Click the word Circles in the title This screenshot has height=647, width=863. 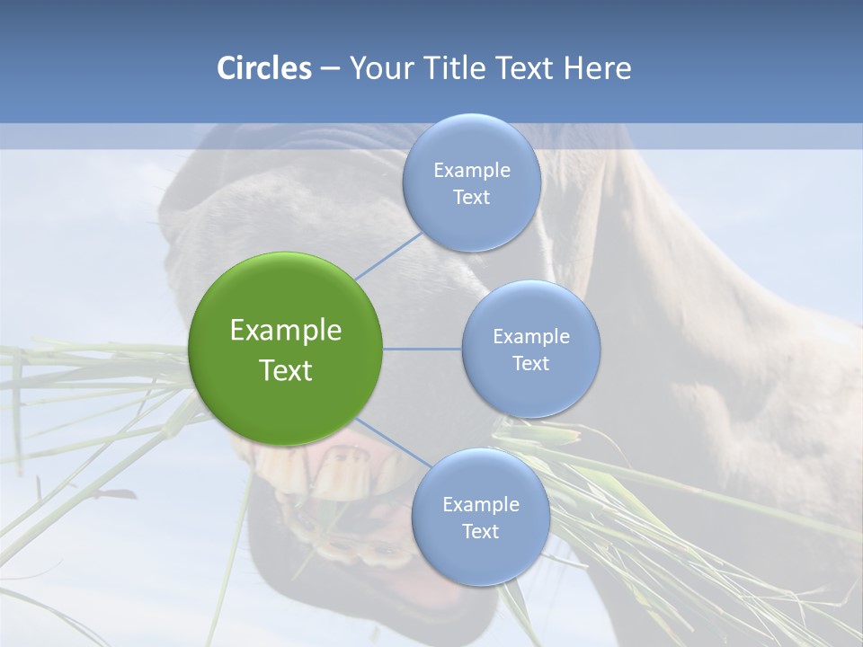tap(263, 68)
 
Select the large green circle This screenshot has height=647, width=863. tap(285, 297)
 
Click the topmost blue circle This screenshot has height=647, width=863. tap(471, 144)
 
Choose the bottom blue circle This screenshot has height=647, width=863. tap(480, 557)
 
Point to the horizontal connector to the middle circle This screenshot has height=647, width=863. tap(423, 349)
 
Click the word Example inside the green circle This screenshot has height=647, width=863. tap(285, 331)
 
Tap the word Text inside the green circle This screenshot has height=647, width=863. tap(285, 370)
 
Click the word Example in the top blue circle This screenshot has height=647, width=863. tap(471, 171)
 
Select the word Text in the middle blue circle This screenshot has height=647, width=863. tap(530, 363)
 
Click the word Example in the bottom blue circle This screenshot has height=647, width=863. tap(480, 504)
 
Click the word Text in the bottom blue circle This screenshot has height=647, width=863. tap(480, 531)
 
